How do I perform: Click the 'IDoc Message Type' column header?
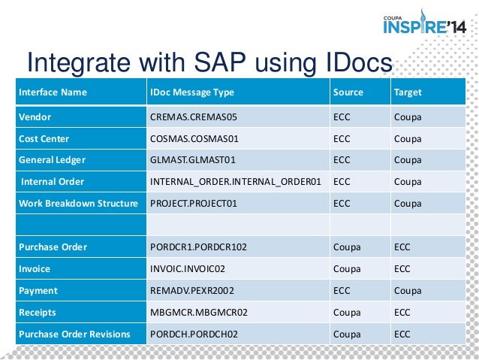(x=192, y=92)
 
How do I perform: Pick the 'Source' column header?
(x=348, y=92)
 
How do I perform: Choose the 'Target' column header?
(x=407, y=92)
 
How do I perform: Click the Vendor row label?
(x=35, y=116)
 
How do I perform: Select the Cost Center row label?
(x=44, y=138)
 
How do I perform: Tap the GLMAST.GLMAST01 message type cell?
(x=192, y=159)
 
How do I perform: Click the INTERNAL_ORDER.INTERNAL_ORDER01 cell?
(x=236, y=181)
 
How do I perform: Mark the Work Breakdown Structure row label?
(x=79, y=203)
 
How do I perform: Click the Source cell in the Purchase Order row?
(x=346, y=247)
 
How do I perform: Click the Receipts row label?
(x=38, y=312)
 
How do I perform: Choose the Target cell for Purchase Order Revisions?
(x=402, y=334)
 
